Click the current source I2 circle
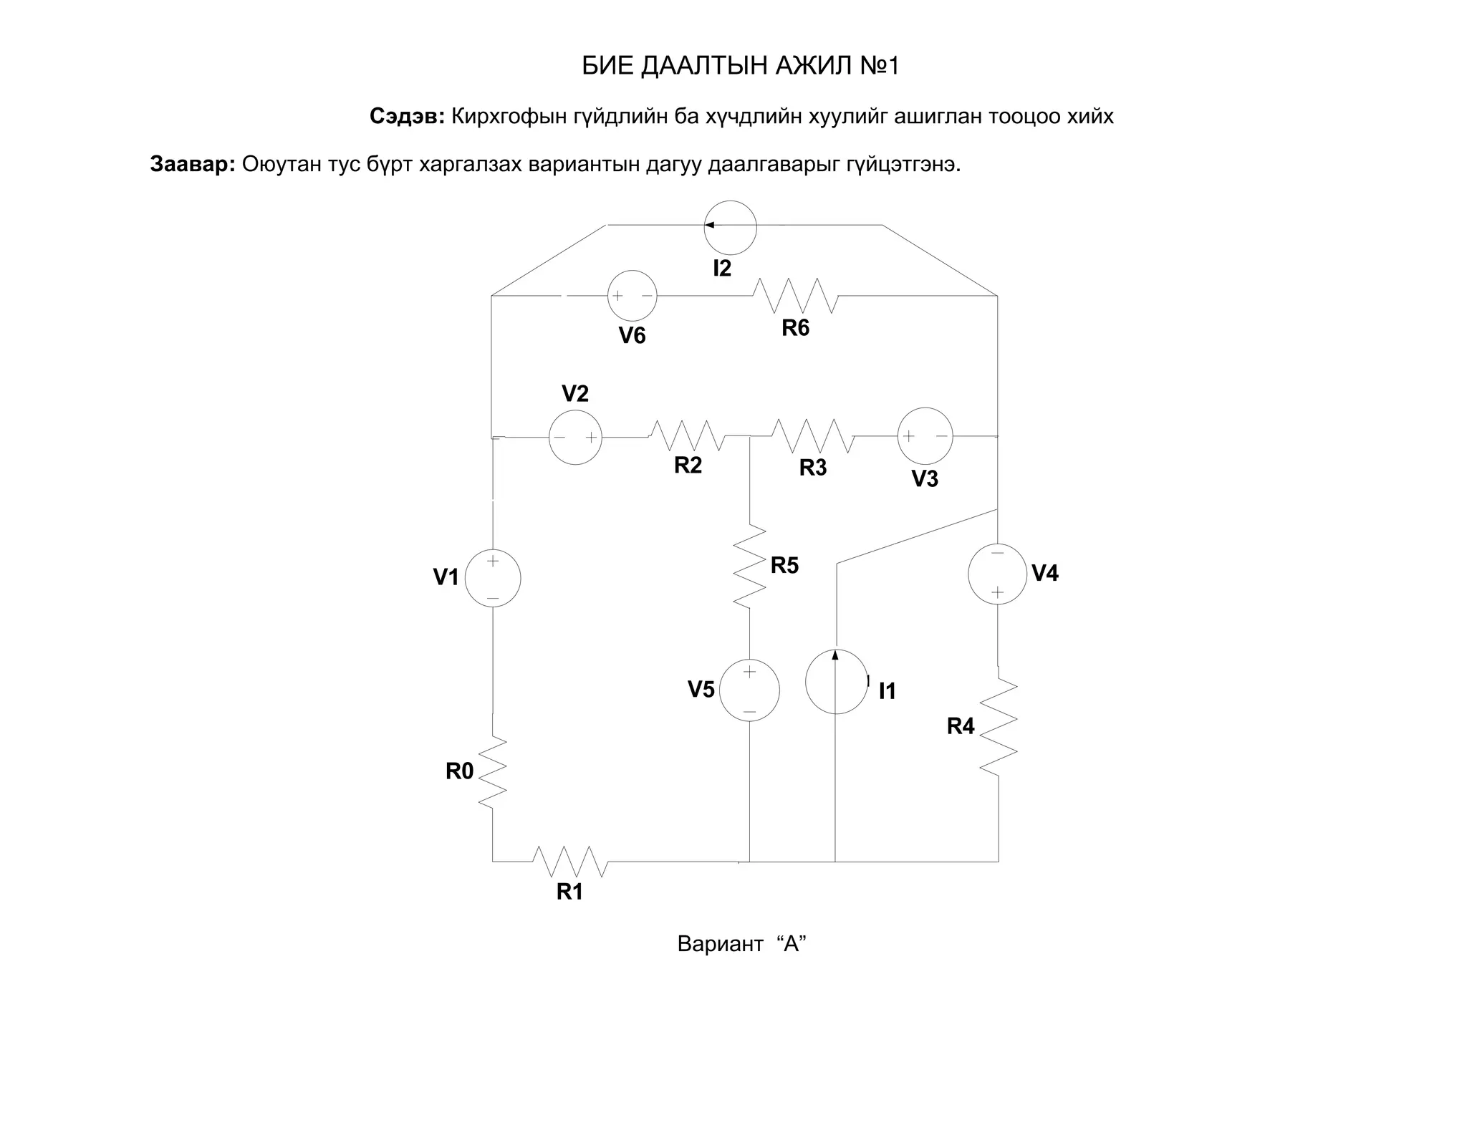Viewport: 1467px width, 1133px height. coord(730,227)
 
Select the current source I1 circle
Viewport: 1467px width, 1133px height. coord(836,682)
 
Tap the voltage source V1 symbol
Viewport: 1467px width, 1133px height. coord(493,578)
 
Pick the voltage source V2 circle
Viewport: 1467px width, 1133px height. coord(575,438)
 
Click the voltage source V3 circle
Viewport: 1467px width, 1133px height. coord(925,435)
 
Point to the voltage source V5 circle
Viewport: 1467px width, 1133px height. coord(749,690)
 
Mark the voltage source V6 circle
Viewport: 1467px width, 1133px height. coord(632,295)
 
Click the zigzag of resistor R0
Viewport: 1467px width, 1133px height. coord(493,773)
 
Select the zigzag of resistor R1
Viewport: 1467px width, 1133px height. coord(570,862)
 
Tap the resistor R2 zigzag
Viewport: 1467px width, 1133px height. coord(688,435)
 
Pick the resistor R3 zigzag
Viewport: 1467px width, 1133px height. coord(813,436)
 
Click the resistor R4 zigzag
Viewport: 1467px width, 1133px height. coord(999,727)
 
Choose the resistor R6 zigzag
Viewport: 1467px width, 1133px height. coord(795,295)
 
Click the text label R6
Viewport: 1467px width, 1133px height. coord(795,328)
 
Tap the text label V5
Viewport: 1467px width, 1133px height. coord(701,690)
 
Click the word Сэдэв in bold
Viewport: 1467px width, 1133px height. coord(407,116)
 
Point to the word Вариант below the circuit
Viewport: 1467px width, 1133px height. coord(720,944)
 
